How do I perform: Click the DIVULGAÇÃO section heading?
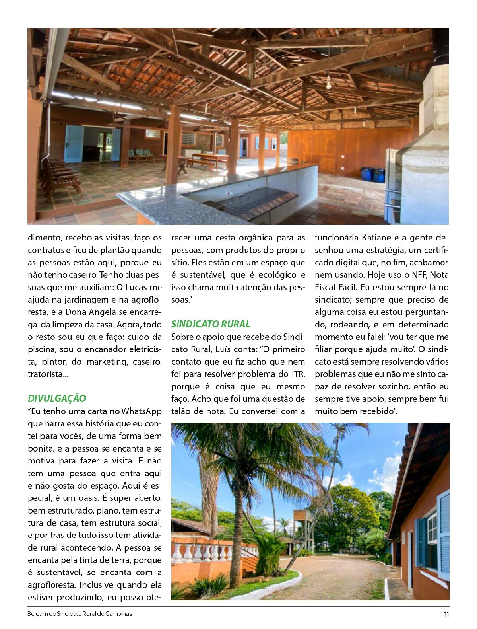pos(57,398)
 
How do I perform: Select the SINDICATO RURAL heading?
pos(211,324)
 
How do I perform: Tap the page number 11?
pos(446,614)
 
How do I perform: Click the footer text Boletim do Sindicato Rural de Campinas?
pos(80,614)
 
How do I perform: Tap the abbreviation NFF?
pos(414,275)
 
